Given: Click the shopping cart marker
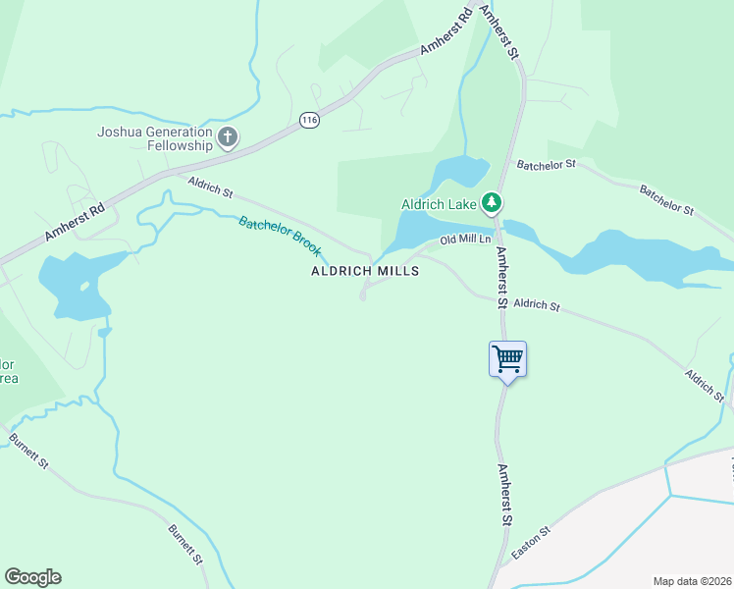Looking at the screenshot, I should coord(507,359).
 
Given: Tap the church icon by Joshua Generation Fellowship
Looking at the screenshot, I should coord(228,137).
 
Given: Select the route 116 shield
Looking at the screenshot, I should coord(310,120).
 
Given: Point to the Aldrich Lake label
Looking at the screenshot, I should coord(438,205).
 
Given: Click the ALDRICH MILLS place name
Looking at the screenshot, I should coord(365,271).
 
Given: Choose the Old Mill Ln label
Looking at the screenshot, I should coord(464,240).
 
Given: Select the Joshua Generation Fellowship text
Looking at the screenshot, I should coord(155,138).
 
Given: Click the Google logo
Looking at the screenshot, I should coord(32,577).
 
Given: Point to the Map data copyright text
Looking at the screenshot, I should coord(692,581).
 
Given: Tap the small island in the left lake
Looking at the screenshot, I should coord(84,288).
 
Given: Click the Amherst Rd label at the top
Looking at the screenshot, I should coord(447,32).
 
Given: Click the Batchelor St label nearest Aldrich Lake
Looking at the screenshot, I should coord(547,166).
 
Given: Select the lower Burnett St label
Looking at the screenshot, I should coord(184,545).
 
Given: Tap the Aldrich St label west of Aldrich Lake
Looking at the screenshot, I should coord(210,184).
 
